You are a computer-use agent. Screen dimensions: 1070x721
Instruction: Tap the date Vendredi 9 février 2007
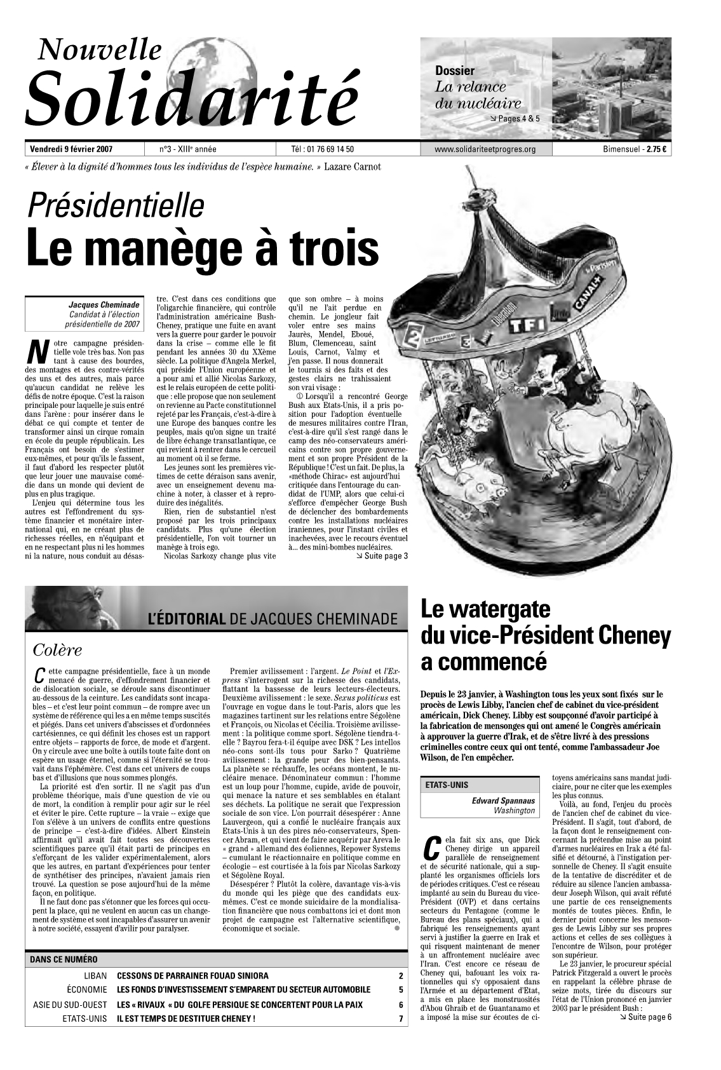[x=71, y=150]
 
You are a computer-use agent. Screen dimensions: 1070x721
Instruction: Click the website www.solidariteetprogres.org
[x=486, y=150]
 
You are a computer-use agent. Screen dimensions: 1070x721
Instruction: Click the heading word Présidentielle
[x=115, y=205]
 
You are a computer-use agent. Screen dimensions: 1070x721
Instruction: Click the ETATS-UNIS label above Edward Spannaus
[x=447, y=785]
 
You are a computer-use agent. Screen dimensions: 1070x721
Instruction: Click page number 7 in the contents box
[x=401, y=1019]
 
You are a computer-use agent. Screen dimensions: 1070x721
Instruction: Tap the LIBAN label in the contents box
[x=95, y=975]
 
